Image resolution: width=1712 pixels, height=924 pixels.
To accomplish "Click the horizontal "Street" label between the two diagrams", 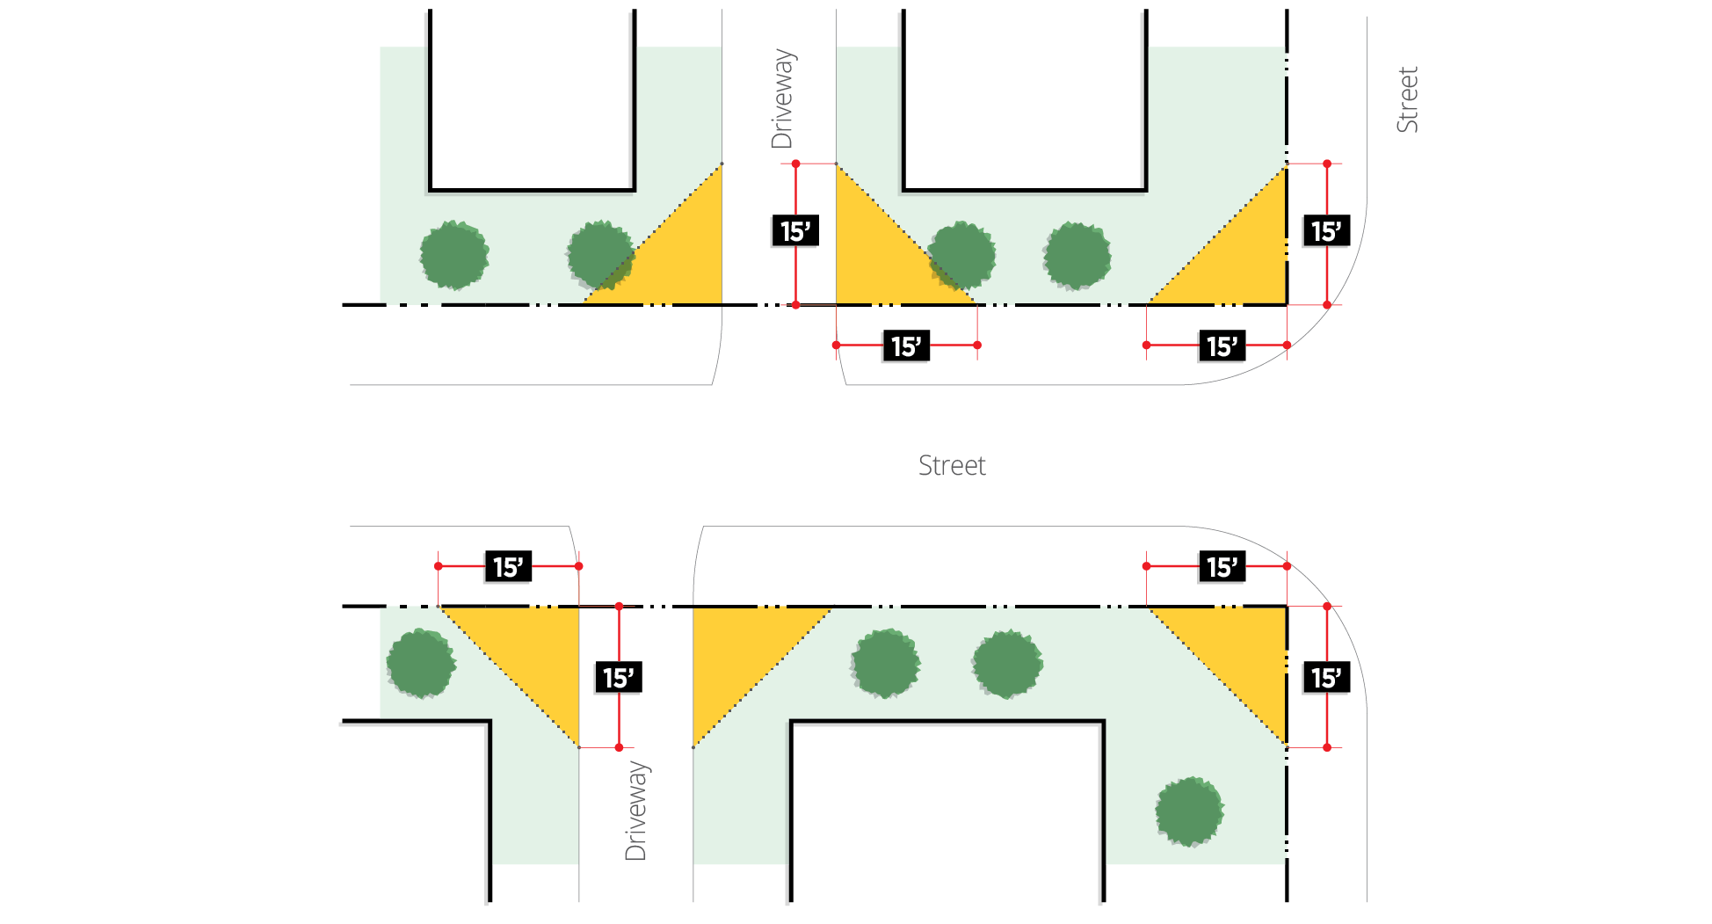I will [952, 465].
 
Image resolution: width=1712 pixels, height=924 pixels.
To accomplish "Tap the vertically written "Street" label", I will [1407, 99].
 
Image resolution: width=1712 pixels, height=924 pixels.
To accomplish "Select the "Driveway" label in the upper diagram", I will [782, 98].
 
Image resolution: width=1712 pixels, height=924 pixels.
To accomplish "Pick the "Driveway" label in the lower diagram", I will [635, 811].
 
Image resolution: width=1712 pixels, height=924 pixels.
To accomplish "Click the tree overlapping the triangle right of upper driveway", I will [961, 255].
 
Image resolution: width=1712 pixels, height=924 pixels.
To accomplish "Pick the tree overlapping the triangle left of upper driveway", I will [600, 255].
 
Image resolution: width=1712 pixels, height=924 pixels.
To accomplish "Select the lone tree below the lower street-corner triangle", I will [1189, 811].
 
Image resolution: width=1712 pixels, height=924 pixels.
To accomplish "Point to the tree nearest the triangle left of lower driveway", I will [421, 663].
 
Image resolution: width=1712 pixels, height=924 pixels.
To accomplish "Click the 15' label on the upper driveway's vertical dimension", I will [795, 231].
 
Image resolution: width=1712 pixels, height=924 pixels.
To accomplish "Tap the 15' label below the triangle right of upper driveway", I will [906, 346].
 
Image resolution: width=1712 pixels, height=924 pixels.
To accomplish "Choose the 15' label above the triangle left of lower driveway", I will [508, 567].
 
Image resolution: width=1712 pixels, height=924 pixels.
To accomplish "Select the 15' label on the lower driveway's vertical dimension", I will [618, 678].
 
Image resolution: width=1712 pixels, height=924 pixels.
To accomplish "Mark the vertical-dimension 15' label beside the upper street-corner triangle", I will [1326, 231].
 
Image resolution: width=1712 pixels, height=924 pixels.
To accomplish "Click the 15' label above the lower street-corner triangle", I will [1222, 567].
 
